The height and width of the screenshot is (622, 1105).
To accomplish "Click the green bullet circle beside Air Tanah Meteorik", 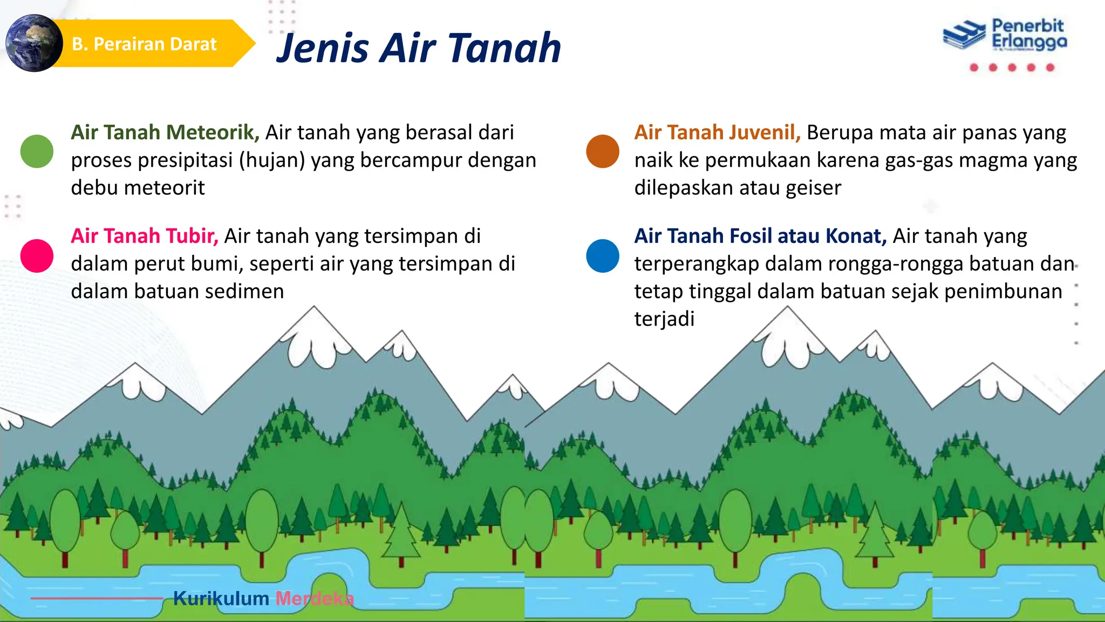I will pos(37,151).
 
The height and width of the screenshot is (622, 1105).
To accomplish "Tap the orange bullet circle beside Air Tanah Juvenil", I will pos(602,151).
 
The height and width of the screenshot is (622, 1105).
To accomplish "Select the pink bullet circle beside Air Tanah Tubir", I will pos(37,255).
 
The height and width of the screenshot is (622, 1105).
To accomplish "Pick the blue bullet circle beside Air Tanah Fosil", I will pos(602,255).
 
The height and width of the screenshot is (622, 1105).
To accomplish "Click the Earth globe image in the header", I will pos(33,43).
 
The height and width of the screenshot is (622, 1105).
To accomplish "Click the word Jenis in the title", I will pos(323,49).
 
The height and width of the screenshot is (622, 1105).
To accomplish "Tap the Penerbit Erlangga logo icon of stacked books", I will pos(964,36).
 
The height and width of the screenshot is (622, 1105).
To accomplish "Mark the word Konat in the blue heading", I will pos(856,236).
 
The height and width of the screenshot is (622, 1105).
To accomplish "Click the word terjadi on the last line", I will pos(664,319).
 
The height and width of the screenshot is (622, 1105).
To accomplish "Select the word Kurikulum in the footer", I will pos(221,598).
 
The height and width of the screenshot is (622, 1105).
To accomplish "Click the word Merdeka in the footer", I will pos(315,598).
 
